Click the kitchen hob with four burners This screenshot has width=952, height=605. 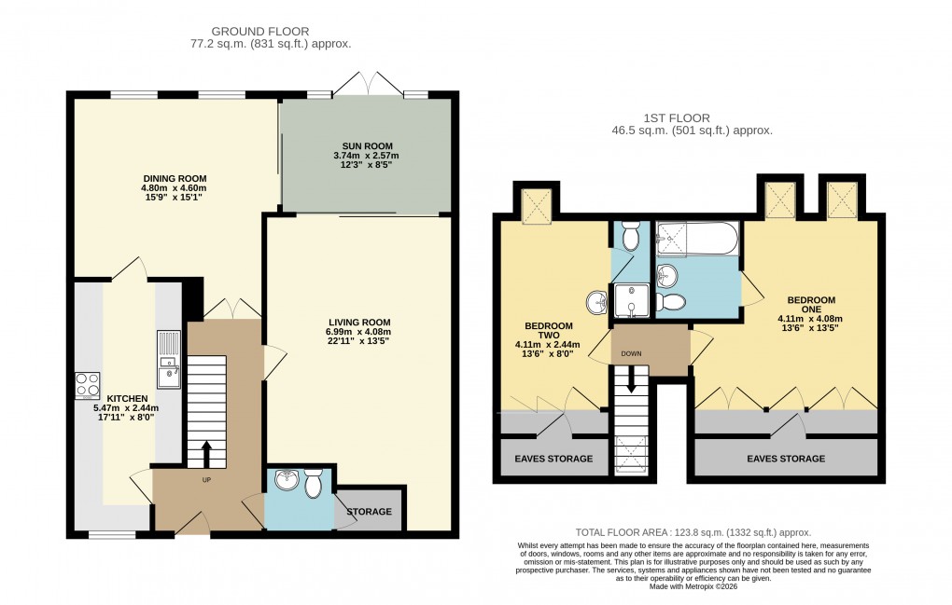pyautogui.click(x=87, y=385)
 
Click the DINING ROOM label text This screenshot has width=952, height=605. pyautogui.click(x=175, y=178)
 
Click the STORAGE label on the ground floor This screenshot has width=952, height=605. pyautogui.click(x=370, y=512)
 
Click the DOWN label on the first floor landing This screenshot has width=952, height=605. pyautogui.click(x=632, y=354)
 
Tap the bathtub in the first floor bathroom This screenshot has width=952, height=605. pyautogui.click(x=697, y=238)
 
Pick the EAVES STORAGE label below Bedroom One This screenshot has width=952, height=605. pyautogui.click(x=786, y=459)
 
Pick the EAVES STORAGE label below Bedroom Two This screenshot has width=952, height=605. pyautogui.click(x=553, y=459)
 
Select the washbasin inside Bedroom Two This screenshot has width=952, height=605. pyautogui.click(x=596, y=303)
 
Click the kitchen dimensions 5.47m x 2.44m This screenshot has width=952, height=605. pyautogui.click(x=126, y=407)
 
